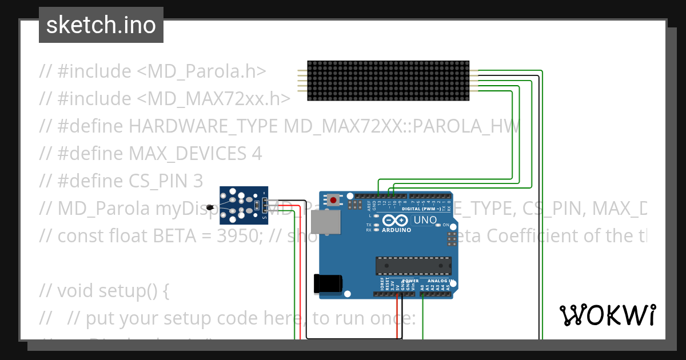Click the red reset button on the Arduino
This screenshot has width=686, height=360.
point(333,200)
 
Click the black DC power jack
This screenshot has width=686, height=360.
point(328,284)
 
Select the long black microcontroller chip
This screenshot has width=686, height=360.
point(413,266)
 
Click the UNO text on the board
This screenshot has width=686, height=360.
point(425,220)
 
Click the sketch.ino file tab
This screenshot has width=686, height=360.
point(101,25)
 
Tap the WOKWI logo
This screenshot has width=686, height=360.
point(607,315)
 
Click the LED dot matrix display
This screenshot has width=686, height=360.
point(388,81)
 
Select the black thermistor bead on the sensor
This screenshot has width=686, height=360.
point(211,207)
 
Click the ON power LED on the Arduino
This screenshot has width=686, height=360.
point(438,225)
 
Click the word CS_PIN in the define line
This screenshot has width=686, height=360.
point(149,181)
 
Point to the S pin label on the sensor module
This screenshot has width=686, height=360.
point(264,217)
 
